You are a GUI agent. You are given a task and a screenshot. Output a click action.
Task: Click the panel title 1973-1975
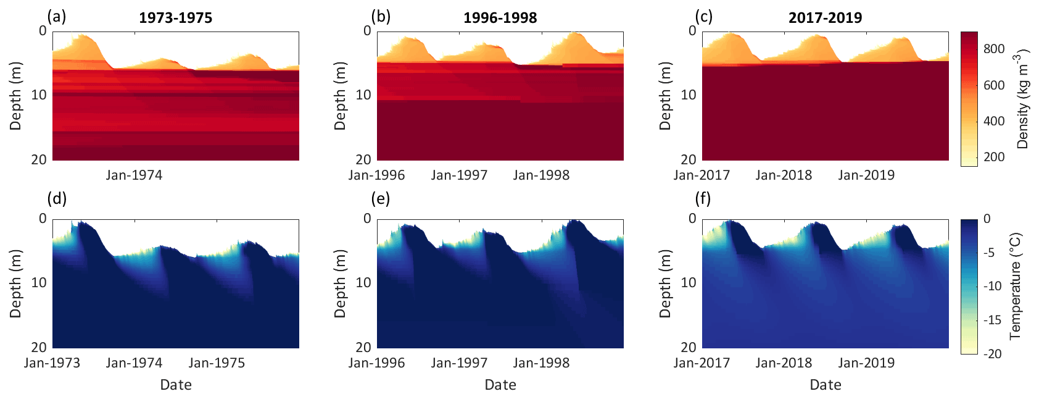pos(175,18)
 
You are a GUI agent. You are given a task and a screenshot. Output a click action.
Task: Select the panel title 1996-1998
pos(500,18)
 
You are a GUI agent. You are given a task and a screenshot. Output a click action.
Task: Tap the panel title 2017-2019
pos(825,18)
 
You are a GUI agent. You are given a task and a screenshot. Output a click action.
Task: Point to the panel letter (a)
pos(57,15)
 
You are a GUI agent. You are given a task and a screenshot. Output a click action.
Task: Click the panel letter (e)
pos(381,198)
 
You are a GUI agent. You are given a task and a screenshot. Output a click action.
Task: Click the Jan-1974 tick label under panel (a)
pos(134,175)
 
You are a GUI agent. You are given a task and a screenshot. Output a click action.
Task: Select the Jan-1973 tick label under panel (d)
pos(52,363)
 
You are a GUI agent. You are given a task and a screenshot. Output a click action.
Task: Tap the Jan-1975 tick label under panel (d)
pos(217,363)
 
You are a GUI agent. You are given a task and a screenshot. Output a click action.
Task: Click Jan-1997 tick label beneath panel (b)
pos(459,175)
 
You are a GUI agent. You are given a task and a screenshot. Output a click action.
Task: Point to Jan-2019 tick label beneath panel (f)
pos(866,363)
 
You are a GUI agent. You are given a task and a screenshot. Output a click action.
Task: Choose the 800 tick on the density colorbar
pos(994,49)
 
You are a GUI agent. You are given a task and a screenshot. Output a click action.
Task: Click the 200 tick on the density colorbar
pos(994,157)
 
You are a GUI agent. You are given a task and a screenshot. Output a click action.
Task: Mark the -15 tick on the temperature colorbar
pos(992,320)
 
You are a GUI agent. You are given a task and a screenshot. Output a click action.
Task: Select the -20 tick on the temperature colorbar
pos(992,354)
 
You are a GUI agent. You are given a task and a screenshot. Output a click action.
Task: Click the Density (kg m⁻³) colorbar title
pos(1023,99)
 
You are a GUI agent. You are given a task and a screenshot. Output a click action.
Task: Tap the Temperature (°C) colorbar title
pos(1016,286)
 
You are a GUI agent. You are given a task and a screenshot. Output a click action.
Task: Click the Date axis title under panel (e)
pos(500,385)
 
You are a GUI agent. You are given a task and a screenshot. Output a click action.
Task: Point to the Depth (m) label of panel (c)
pos(664,96)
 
